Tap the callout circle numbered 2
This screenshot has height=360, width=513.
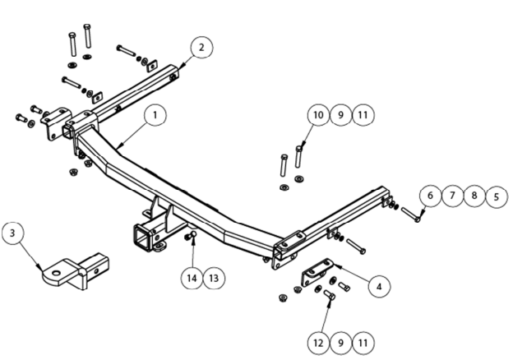[x=201, y=47]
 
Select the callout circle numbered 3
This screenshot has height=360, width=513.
[x=13, y=234]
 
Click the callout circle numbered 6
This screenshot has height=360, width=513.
[x=429, y=196]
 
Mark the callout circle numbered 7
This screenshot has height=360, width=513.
[x=451, y=196]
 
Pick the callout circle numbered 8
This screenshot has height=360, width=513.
[x=474, y=196]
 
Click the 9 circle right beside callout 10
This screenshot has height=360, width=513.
[x=340, y=116]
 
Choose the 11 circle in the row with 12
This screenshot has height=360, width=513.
[x=363, y=339]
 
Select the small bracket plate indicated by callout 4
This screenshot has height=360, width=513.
[x=318, y=273]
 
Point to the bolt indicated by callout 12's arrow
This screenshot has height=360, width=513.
[x=330, y=295]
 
